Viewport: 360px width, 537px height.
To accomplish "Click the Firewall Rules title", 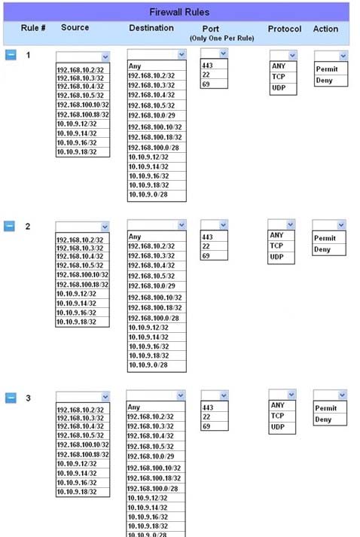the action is pyautogui.click(x=179, y=12).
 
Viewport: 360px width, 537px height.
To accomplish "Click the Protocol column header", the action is pyautogui.click(x=285, y=29).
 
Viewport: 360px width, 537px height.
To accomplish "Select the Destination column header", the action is pyautogui.click(x=151, y=28).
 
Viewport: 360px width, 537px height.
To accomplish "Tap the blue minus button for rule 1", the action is pyautogui.click(x=11, y=54).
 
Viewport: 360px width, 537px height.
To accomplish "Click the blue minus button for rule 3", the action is pyautogui.click(x=11, y=398).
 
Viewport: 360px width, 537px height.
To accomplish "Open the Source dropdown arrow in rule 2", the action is pyautogui.click(x=105, y=227).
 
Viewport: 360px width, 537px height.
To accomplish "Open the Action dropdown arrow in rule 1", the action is pyautogui.click(x=343, y=56).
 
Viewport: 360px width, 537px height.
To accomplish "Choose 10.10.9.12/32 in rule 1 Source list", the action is pyautogui.click(x=77, y=124).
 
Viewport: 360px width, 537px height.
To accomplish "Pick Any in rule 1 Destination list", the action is pyautogui.click(x=135, y=66).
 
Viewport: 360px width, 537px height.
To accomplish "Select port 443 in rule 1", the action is pyautogui.click(x=207, y=65).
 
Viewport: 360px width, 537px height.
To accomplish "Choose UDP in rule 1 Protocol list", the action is pyautogui.click(x=279, y=87).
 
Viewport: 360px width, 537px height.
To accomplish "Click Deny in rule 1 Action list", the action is pyautogui.click(x=324, y=81).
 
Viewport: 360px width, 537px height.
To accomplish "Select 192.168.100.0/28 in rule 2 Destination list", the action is pyautogui.click(x=154, y=318).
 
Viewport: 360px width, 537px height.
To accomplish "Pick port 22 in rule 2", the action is pyautogui.click(x=206, y=246).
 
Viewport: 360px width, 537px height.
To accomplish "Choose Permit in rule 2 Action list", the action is pyautogui.click(x=325, y=238).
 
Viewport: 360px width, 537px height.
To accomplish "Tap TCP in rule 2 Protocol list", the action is pyautogui.click(x=276, y=246).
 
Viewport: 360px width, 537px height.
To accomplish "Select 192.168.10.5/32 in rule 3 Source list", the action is pyautogui.click(x=80, y=435).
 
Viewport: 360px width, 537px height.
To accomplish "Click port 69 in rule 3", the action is pyautogui.click(x=206, y=426).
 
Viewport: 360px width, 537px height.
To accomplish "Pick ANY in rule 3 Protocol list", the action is pyautogui.click(x=277, y=405).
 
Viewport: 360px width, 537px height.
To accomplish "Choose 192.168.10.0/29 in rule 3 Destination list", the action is pyautogui.click(x=151, y=456).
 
